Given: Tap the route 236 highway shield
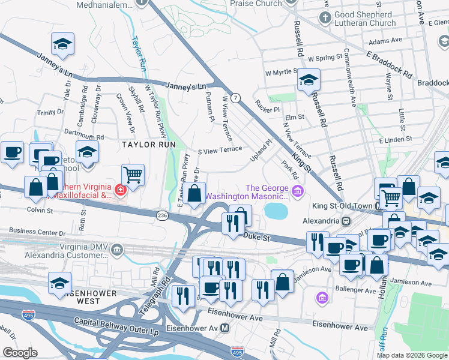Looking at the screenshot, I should coord(162,214).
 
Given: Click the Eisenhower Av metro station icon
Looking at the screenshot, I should coord(225,328).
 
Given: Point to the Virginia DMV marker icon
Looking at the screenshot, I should coord(117,248).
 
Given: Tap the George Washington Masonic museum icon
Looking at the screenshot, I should coord(298,191).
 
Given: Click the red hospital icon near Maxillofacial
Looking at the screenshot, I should coord(121,190).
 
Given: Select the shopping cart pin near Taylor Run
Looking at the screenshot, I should coord(133,175).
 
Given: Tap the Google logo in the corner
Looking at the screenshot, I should coord(20,353).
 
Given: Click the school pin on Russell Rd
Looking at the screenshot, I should coord(309,80).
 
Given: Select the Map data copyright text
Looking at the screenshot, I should coord(412,355).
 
